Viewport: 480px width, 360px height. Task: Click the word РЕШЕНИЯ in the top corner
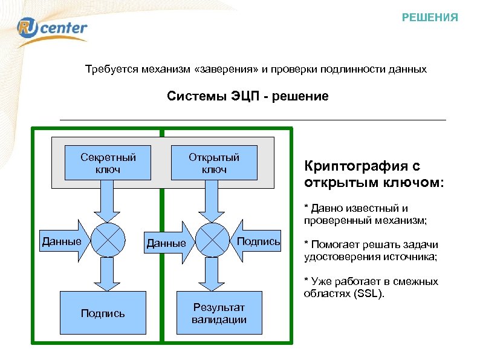[x=430, y=18]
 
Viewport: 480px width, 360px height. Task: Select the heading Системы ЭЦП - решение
[x=247, y=96]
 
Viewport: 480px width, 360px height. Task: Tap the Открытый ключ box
[x=214, y=163]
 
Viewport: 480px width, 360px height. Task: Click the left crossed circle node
[x=108, y=240]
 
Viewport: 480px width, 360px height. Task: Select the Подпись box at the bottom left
[x=103, y=313]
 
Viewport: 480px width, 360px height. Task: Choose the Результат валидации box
[x=219, y=313]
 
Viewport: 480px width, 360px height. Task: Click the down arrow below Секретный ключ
[x=108, y=200]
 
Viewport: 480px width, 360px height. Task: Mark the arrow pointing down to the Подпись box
[x=108, y=273]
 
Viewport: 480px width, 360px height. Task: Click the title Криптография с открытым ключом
[x=373, y=174]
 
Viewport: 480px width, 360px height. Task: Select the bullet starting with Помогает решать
[x=370, y=250]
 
